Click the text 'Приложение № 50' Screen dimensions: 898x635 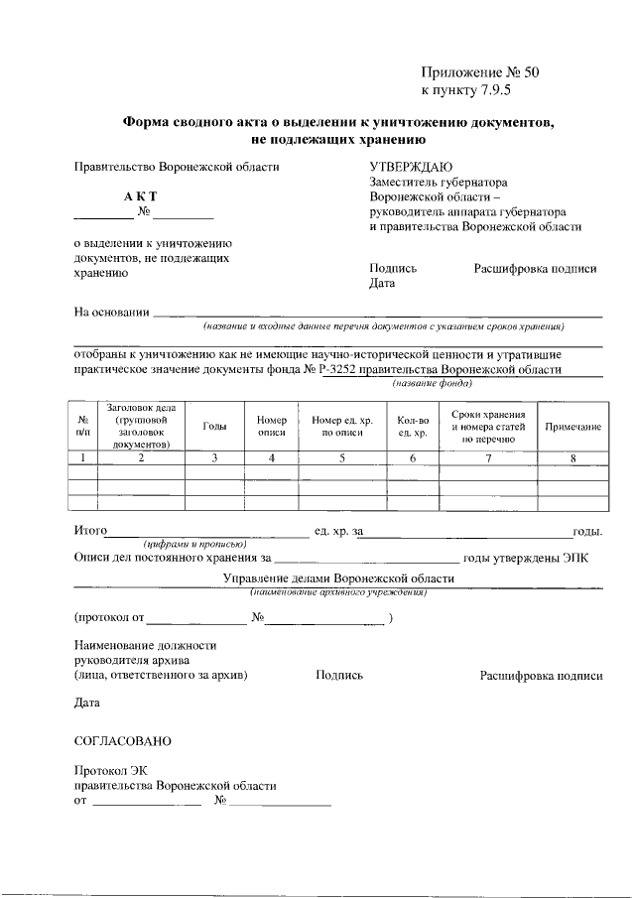click(479, 71)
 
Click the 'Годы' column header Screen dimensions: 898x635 click(214, 427)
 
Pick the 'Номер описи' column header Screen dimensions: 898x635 click(271, 427)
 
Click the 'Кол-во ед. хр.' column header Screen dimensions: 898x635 click(412, 427)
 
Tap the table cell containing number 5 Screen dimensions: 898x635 click(341, 457)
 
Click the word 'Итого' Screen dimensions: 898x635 click(91, 532)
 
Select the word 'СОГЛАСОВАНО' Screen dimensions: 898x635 click(123, 741)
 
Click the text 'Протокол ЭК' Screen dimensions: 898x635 click(110, 771)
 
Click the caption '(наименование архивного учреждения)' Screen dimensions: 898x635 click(338, 591)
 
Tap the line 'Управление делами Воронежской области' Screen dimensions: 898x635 click(338, 578)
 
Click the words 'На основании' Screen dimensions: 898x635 click(112, 313)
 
